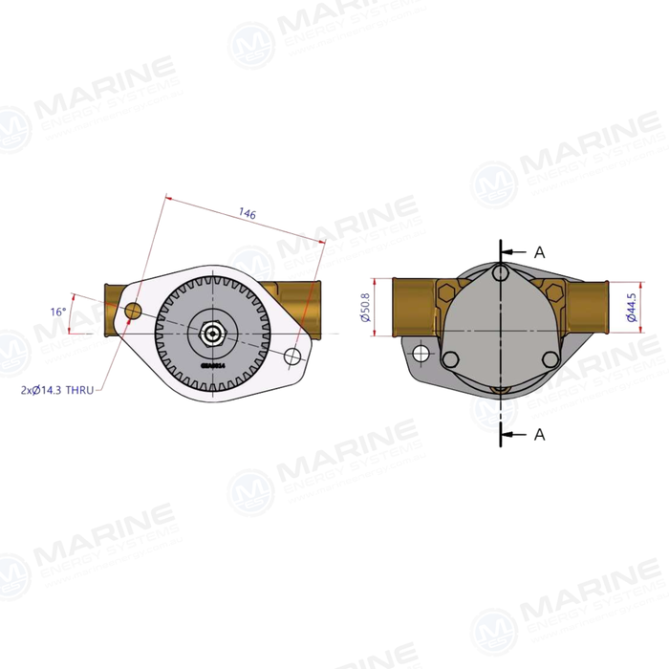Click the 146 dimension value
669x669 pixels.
coord(248,216)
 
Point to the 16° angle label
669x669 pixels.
coord(58,312)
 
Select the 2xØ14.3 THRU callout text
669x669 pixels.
coord(57,390)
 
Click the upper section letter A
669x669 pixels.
coord(539,252)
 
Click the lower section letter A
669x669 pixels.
coord(539,435)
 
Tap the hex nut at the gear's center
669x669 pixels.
coord(211,334)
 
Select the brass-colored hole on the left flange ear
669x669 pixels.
coord(133,311)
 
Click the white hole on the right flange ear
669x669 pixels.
coord(293,356)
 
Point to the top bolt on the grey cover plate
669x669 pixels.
coord(501,274)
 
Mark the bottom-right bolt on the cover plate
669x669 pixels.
coord(549,359)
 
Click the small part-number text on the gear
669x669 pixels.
coord(212,364)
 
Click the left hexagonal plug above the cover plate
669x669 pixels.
coord(446,291)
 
